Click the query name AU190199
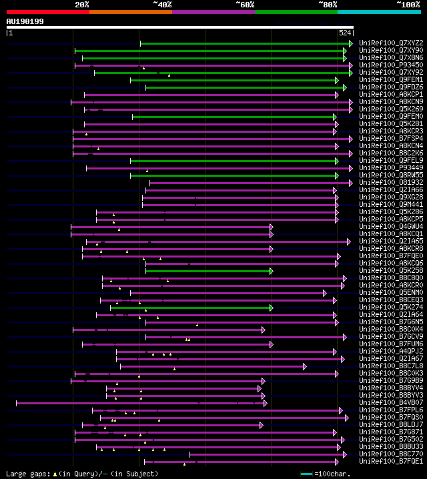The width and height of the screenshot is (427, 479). pos(25,21)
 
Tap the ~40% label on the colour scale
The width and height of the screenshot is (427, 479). pos(162,4)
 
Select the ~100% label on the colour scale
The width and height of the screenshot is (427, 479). pos(408,4)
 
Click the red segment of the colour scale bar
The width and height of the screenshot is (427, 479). pos(47,11)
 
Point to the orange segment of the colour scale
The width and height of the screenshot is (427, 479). pos(130,11)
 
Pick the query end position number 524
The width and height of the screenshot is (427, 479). pos(346,32)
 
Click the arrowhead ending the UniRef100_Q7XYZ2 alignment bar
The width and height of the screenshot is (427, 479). pos(350,43)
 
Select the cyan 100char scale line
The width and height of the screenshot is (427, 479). pos(306,474)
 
